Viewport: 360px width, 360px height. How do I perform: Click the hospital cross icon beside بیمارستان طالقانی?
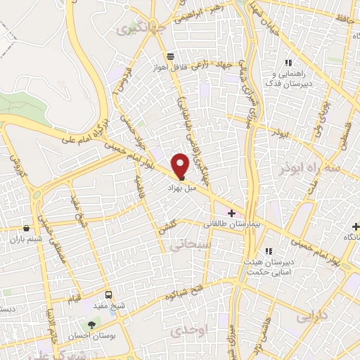231,212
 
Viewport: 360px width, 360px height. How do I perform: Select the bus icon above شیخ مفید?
108,295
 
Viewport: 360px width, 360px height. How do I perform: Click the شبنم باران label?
26,239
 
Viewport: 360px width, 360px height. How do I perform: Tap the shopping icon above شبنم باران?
26,228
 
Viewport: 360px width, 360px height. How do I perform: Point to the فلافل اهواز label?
169,67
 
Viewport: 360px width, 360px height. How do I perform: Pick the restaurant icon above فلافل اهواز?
169,56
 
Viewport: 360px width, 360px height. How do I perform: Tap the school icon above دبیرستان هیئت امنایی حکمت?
268,250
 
